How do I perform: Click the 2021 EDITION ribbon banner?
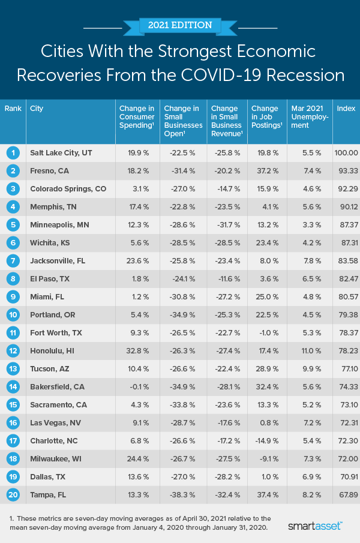click(x=180, y=26)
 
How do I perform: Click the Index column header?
click(x=345, y=109)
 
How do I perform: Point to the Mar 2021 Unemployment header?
click(x=310, y=117)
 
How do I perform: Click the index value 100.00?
click(x=346, y=153)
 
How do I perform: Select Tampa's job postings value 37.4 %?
click(x=266, y=495)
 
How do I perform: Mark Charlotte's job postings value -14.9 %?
click(x=265, y=441)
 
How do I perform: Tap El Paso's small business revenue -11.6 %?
click(x=227, y=279)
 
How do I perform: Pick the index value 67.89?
click(x=346, y=495)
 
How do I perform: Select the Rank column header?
click(x=13, y=109)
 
